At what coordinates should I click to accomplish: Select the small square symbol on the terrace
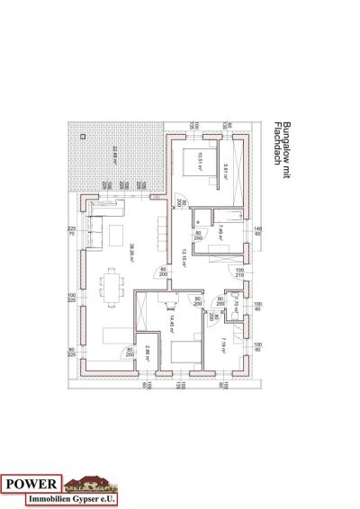point(83,136)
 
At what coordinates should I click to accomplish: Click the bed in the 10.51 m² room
point(192,163)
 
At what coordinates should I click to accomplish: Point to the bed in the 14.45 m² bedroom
point(184,352)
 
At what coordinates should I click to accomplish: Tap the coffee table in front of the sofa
point(116,236)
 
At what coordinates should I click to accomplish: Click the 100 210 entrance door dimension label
point(239,272)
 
